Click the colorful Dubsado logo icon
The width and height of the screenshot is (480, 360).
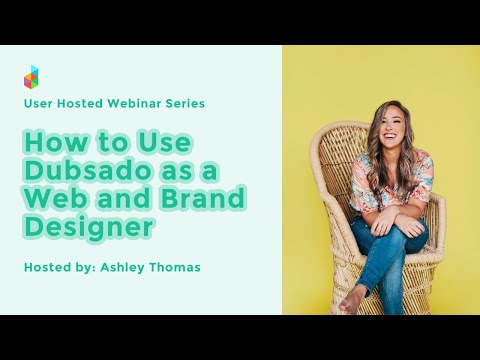coord(32,76)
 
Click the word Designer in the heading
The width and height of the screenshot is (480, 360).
coord(89,227)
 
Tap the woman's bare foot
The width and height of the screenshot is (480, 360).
coord(349,298)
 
